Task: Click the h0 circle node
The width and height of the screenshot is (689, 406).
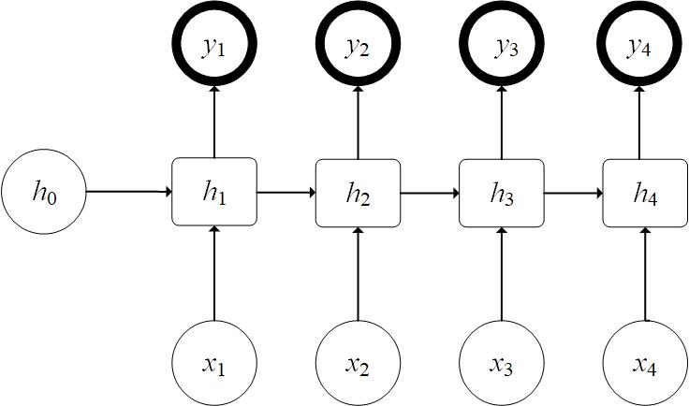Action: tap(44, 193)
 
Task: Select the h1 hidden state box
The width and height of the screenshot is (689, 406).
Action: tap(214, 192)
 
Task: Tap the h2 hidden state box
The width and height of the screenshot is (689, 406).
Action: tap(358, 193)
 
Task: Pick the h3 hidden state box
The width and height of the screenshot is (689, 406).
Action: tap(502, 193)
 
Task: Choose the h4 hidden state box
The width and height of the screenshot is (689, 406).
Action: tap(644, 193)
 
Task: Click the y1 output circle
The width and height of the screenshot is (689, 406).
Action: tap(214, 45)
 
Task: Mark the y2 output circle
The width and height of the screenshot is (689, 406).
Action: tap(358, 45)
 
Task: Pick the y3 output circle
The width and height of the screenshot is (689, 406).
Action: tap(502, 45)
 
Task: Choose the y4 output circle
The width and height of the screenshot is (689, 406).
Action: tap(644, 45)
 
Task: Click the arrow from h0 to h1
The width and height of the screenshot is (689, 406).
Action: tap(129, 193)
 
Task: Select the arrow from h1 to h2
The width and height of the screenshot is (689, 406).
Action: tap(286, 193)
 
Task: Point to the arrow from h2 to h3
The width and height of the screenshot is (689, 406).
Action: tap(429, 193)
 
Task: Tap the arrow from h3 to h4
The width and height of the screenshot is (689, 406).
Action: tap(573, 193)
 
